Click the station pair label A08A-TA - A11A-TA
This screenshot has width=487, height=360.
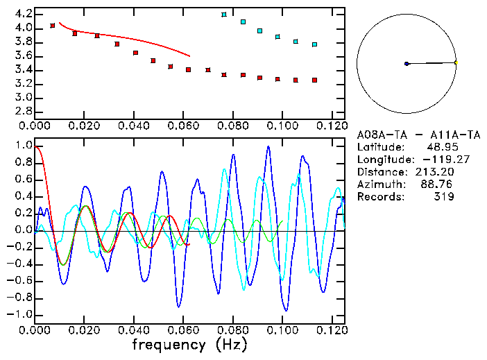[418, 135]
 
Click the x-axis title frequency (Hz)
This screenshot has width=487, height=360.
[189, 344]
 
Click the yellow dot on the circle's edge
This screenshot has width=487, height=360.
[456, 63]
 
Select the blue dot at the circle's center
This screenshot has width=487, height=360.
[407, 64]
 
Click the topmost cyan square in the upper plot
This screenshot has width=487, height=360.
[224, 15]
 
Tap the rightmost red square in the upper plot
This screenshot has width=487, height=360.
[314, 80]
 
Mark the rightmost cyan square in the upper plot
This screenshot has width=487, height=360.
[314, 44]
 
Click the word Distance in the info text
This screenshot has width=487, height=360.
[379, 172]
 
